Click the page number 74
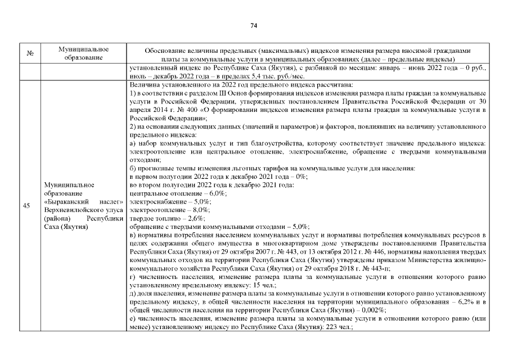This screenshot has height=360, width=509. tap(254, 25)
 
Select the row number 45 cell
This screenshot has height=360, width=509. tap(26, 206)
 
